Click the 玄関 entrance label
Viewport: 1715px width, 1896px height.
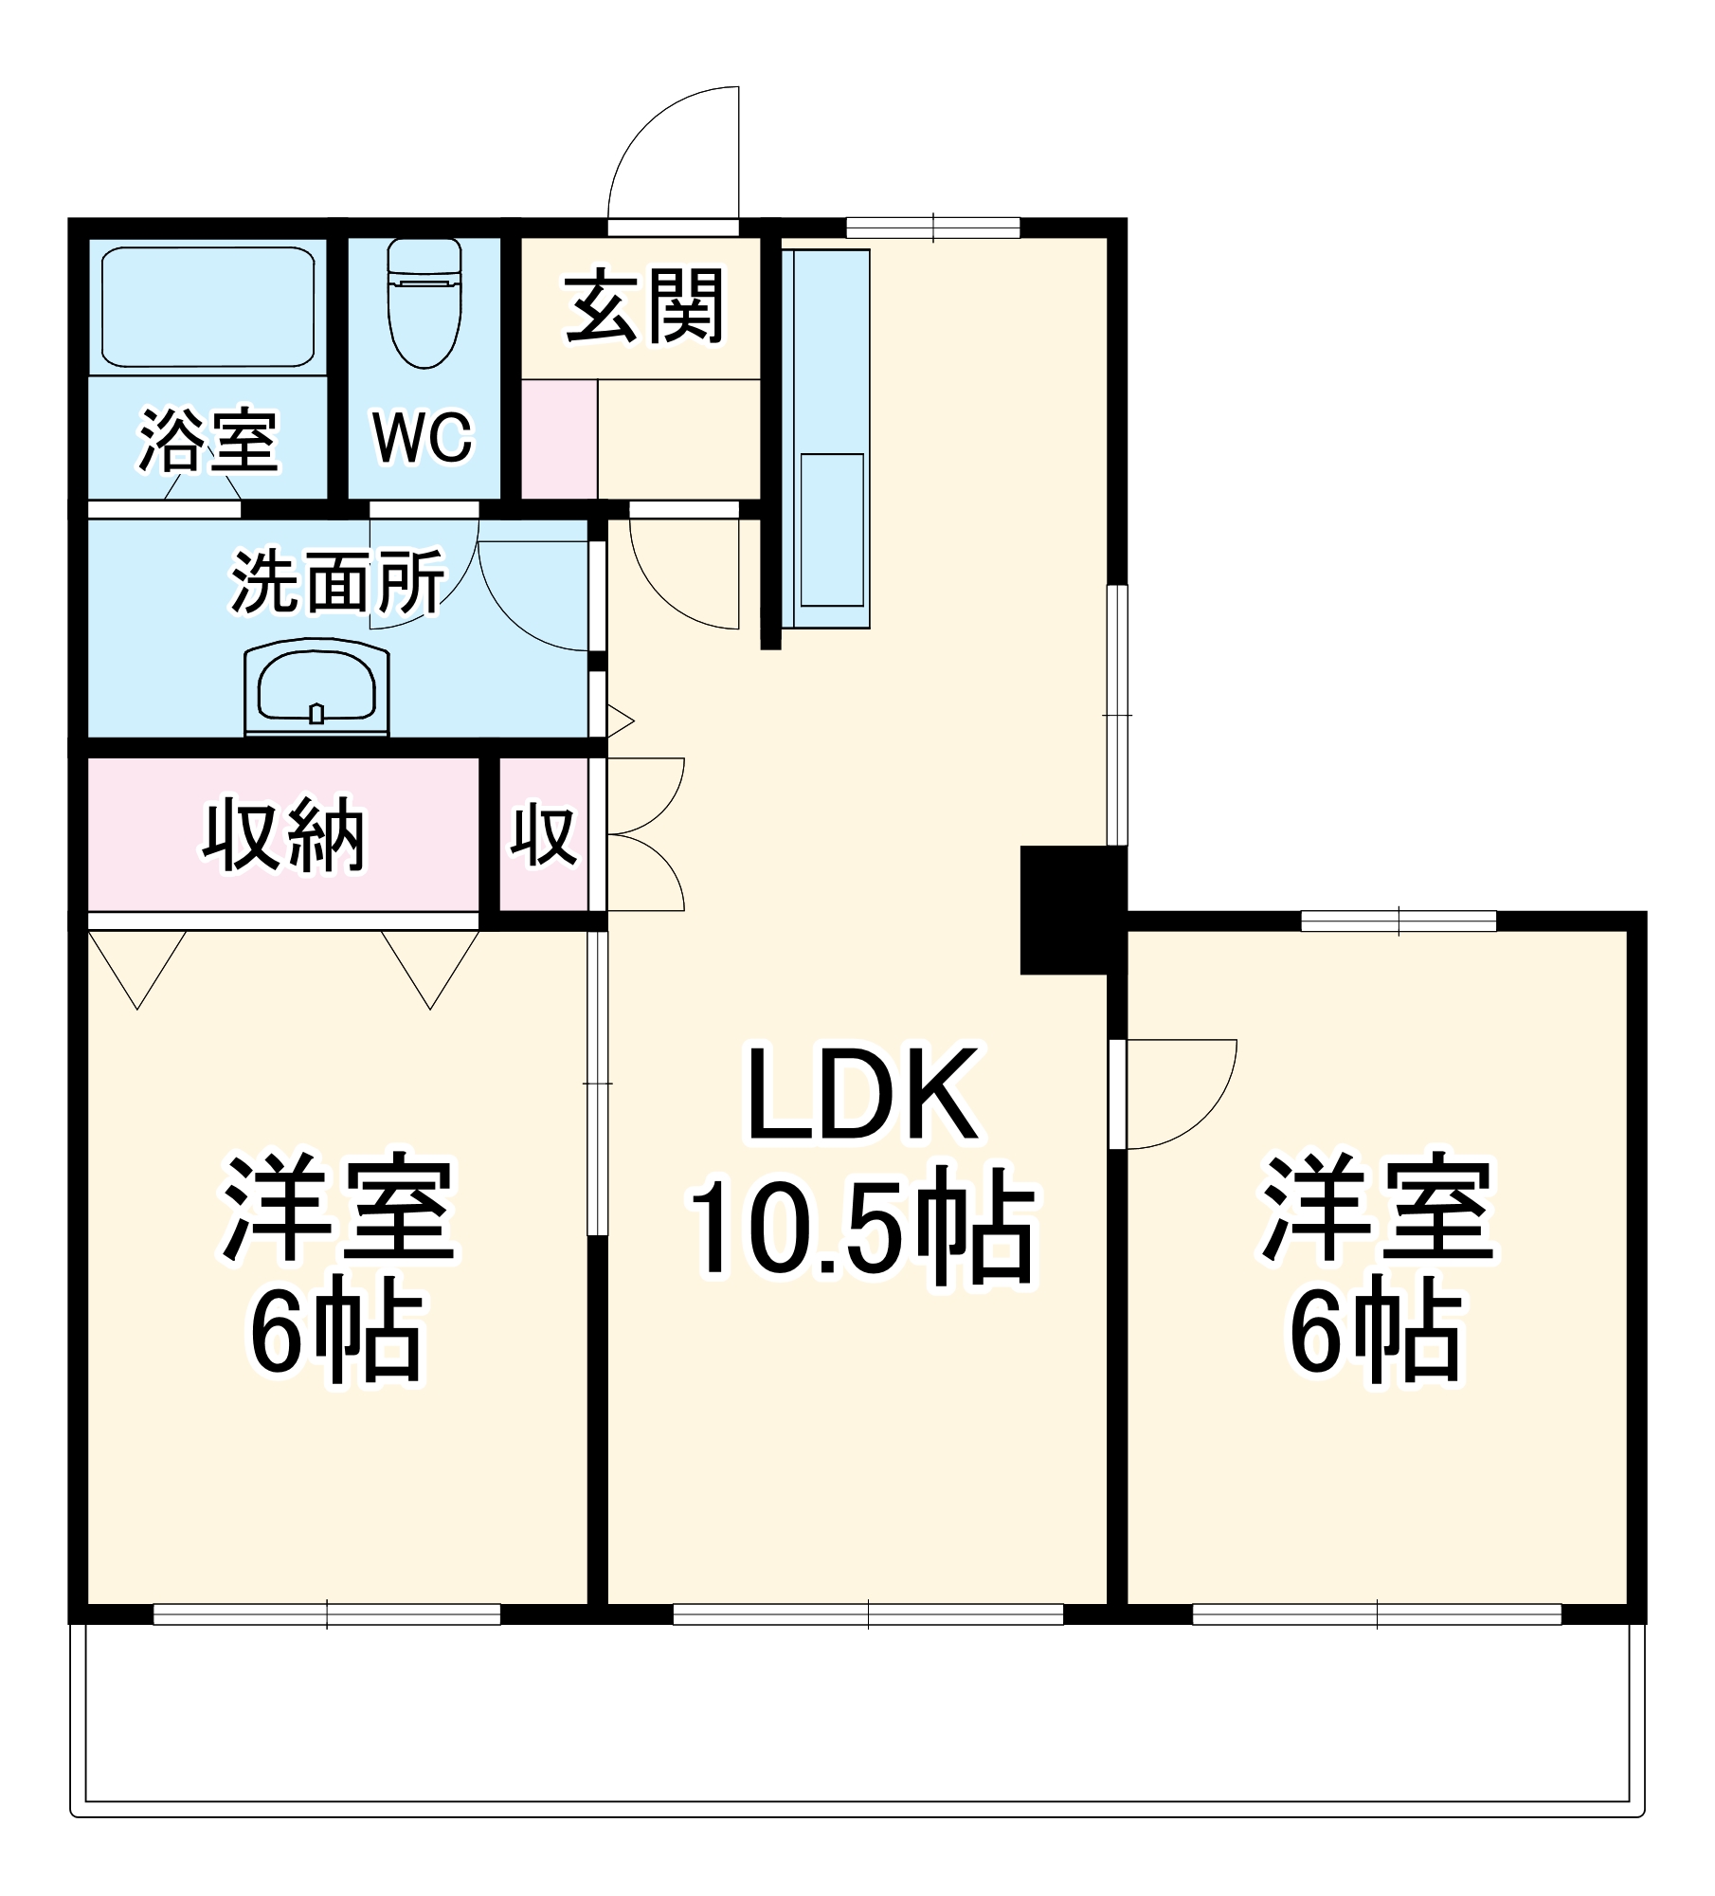(644, 306)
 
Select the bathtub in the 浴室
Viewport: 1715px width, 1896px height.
(208, 307)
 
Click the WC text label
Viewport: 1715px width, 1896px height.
(423, 438)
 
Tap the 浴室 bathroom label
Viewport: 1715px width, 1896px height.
(208, 440)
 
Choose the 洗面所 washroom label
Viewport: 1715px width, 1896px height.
(337, 581)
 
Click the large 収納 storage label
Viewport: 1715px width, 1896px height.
(283, 835)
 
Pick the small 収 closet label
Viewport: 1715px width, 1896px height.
(543, 835)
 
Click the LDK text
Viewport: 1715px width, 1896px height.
(862, 1095)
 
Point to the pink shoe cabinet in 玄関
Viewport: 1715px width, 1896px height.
(559, 439)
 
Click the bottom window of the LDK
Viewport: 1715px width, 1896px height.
(868, 1613)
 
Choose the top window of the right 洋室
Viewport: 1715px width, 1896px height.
(1399, 921)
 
